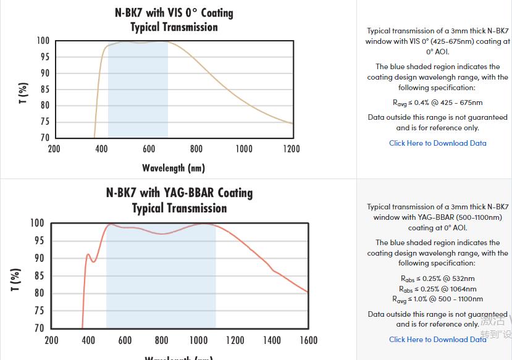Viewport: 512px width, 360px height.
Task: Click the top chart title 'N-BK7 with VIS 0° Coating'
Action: (174, 12)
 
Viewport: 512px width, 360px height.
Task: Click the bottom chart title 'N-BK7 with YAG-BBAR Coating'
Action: (179, 193)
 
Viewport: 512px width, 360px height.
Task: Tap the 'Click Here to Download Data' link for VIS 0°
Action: (437, 143)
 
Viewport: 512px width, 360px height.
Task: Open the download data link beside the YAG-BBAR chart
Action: (437, 340)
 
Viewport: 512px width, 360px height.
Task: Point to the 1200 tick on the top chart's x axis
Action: (292, 149)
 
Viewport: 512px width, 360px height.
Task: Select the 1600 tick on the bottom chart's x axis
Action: (308, 340)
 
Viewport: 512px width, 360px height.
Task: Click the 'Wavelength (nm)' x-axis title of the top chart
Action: (174, 168)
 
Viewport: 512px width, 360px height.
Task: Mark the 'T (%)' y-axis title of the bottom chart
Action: (16, 279)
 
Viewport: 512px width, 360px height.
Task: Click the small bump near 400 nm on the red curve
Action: (88, 254)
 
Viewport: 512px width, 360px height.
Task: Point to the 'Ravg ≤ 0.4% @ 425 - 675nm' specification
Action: (437, 103)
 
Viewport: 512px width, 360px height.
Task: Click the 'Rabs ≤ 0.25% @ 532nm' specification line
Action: (437, 278)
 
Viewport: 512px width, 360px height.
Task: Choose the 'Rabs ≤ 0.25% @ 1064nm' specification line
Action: (437, 289)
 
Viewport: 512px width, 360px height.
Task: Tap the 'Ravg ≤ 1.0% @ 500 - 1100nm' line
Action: (437, 299)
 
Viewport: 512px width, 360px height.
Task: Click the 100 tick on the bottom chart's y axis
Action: (37, 223)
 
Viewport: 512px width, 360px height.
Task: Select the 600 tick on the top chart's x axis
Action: (149, 149)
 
